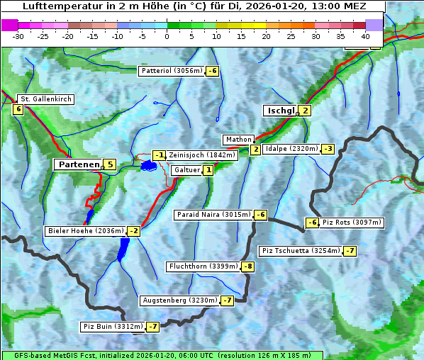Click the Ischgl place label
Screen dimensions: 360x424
point(280,111)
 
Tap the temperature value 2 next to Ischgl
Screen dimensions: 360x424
point(305,111)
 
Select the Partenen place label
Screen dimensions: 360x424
point(77,164)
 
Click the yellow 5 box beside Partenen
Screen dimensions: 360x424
point(108,164)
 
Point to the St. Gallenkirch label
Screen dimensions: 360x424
point(45,99)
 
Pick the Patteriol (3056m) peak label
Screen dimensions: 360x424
point(172,71)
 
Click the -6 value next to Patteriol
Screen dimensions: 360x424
point(212,71)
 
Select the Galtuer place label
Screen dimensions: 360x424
point(186,170)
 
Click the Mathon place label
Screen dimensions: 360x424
point(238,140)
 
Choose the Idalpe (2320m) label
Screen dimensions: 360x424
point(291,149)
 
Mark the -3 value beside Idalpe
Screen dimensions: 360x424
point(327,149)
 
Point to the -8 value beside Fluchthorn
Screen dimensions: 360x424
point(247,266)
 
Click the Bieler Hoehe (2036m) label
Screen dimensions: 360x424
point(85,231)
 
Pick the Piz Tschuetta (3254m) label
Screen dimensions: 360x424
point(300,251)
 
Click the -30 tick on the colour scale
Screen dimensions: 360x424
point(18,36)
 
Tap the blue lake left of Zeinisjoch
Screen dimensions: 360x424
point(148,165)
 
